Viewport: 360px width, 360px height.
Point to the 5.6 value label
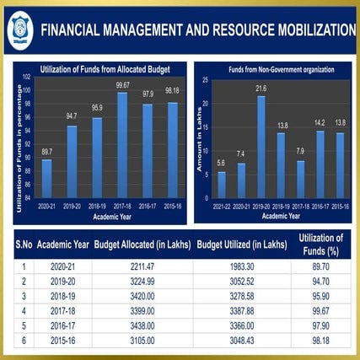pos(222,164)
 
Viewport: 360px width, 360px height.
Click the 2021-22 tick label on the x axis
pos(222,206)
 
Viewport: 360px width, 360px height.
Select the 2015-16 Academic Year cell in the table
pos(62,340)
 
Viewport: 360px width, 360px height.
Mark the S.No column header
pos(23,245)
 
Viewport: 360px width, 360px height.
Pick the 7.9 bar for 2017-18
pos(300,179)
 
